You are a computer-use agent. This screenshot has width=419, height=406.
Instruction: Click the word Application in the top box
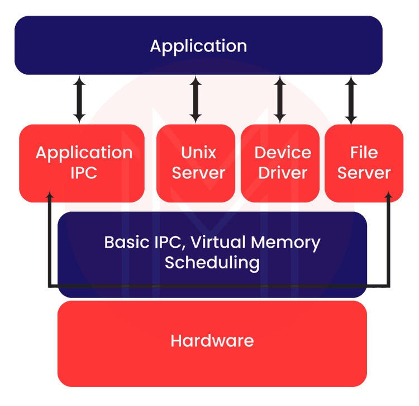[198, 46]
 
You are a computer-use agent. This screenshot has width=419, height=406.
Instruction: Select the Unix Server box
[196, 163]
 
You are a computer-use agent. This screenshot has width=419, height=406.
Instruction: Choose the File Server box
[364, 163]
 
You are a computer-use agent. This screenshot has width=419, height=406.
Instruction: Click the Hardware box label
[212, 340]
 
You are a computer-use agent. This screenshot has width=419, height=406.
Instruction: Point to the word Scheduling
[212, 262]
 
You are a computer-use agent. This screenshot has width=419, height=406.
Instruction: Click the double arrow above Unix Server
[196, 100]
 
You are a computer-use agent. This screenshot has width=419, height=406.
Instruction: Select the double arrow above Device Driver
[280, 100]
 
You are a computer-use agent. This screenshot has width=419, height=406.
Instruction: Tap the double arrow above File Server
[351, 100]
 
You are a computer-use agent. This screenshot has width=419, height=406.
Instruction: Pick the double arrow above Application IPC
[79, 100]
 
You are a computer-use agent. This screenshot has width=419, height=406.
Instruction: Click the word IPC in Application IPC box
[84, 173]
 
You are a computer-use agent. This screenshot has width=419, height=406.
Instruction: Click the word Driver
[282, 173]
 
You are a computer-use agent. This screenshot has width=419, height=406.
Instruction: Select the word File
[364, 153]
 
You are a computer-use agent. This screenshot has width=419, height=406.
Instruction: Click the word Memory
[285, 243]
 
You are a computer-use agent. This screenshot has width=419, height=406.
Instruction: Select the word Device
[283, 153]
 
